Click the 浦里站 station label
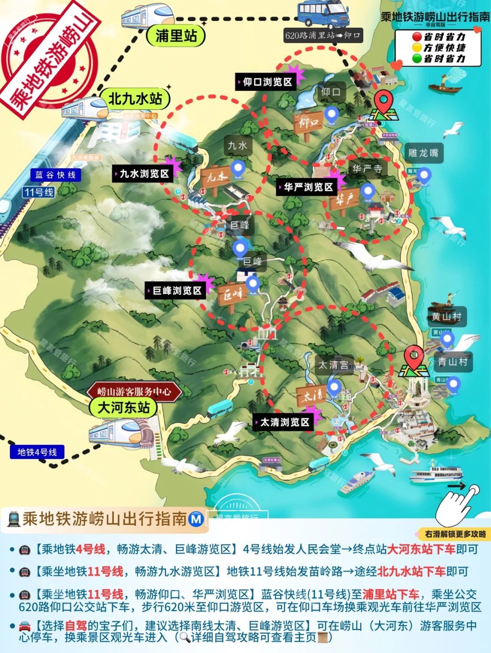176,35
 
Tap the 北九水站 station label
135,99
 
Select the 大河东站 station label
123,408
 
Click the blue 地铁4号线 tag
37,452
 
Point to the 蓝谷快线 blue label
55,175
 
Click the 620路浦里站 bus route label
323,35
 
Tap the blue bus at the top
323,14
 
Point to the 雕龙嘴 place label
423,153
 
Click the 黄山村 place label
446,317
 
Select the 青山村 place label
453,362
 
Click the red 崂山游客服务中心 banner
134,391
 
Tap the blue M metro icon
196,518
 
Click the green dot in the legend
417,59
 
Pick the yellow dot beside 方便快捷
417,48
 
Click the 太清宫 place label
333,365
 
